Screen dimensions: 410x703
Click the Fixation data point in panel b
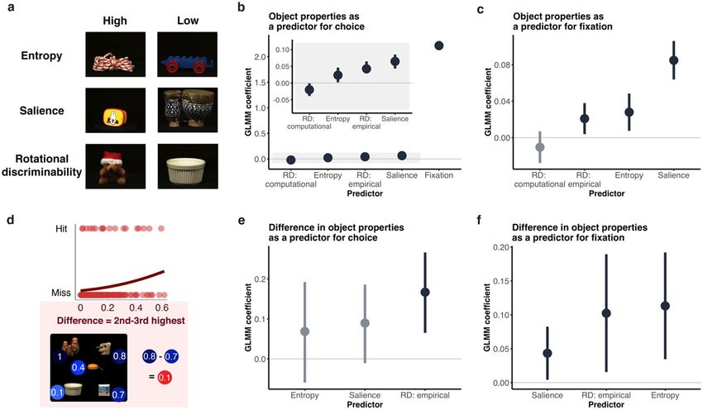(439, 45)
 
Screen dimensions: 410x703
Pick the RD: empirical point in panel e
(425, 292)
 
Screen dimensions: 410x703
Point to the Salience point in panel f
(547, 353)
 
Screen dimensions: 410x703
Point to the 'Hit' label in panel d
(61, 226)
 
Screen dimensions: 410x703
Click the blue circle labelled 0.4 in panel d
(79, 366)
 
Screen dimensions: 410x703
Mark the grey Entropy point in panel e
(304, 331)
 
